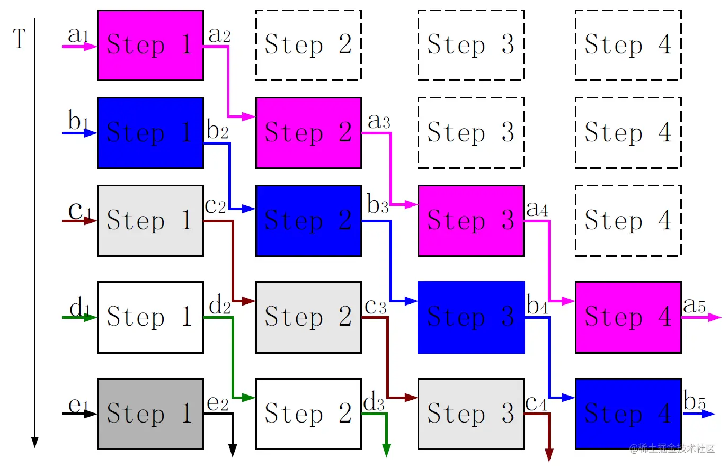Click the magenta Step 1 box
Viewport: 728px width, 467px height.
150,46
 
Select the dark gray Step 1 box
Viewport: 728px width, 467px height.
150,414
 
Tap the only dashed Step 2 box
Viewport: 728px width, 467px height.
308,46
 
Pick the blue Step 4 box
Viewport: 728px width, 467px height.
628,414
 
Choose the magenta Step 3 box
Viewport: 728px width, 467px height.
470,220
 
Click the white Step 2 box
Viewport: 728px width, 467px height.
308,414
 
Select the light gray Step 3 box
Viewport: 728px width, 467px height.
470,414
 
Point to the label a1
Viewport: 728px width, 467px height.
78,35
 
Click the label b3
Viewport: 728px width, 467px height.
378,205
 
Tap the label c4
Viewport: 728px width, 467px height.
536,403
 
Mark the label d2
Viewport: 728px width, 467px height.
219,306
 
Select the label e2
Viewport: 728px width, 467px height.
217,403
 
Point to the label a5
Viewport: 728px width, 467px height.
694,306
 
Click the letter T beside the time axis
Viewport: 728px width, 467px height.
20,39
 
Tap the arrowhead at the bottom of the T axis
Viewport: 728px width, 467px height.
35,442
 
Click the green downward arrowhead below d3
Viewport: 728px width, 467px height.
386,450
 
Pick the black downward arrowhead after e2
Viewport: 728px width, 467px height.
232,450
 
